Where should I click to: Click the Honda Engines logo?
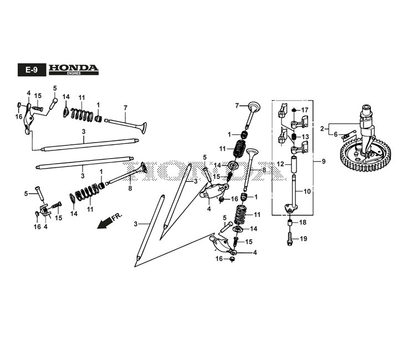tap(73, 69)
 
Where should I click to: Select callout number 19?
tap(303, 239)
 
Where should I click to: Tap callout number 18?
tap(303, 222)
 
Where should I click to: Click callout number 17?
tap(304, 110)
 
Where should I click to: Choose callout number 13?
tap(304, 136)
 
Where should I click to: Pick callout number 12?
tap(280, 164)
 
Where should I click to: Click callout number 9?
tap(323, 162)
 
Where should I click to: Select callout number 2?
tap(322, 128)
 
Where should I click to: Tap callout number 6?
tap(335, 134)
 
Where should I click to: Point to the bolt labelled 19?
tap(290, 241)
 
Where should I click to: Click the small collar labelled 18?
tap(289, 223)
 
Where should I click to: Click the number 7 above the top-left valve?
tap(125, 107)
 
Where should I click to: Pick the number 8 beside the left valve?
tap(130, 189)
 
